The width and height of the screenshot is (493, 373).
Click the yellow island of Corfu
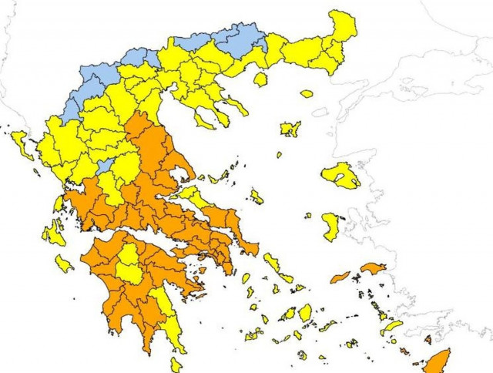(x=22, y=144)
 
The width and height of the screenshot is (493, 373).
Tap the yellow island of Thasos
(x=260, y=79)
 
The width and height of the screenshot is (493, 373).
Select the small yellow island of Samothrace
(x=307, y=94)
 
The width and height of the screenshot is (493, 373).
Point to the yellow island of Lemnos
(x=290, y=129)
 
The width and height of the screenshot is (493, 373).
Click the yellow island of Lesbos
(x=340, y=176)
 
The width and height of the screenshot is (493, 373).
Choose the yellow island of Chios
(x=330, y=227)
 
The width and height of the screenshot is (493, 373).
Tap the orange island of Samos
(x=373, y=268)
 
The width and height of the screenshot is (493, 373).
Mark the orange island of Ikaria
(x=340, y=277)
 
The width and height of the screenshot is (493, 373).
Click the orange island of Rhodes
(x=440, y=360)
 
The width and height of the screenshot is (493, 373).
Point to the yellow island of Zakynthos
(x=64, y=264)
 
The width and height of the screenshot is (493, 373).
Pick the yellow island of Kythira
(x=176, y=363)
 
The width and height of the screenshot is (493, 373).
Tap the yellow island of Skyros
(x=256, y=197)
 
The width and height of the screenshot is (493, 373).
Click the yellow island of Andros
(x=270, y=263)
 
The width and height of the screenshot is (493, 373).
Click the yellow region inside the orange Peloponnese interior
(x=129, y=262)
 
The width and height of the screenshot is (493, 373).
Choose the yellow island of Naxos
(x=305, y=312)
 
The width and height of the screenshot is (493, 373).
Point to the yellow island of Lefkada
(x=59, y=203)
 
